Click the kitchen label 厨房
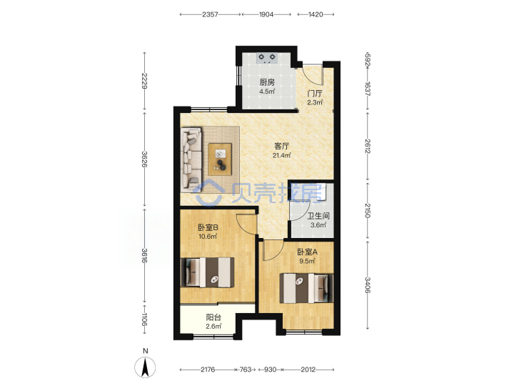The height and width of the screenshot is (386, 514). pos(267,82)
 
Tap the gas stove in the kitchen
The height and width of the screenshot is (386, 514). pos(267,58)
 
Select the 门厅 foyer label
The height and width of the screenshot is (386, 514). pos(315,94)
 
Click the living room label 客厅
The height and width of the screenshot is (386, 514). pos(281,146)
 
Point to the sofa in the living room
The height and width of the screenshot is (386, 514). pos(191,159)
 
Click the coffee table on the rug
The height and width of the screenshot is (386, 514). pos(220,159)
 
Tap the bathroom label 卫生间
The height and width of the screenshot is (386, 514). pos(318,216)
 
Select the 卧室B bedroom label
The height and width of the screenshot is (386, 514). pos(208,227)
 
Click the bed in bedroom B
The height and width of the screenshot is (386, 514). pos(208,272)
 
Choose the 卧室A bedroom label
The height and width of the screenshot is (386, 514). pos(307,252)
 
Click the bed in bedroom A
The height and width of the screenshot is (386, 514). pos(306,288)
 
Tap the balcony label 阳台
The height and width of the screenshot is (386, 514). pos(213,317)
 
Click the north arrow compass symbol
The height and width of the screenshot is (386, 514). pos(145,367)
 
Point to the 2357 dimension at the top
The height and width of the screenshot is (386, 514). pos(210,14)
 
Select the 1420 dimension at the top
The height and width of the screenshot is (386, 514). pos(316,14)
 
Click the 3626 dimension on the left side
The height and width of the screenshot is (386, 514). pos(144,159)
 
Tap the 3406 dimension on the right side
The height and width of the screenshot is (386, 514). pos(368,285)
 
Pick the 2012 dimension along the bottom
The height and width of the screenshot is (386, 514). pos(308,370)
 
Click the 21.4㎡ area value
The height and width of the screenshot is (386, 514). pos(281,156)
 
